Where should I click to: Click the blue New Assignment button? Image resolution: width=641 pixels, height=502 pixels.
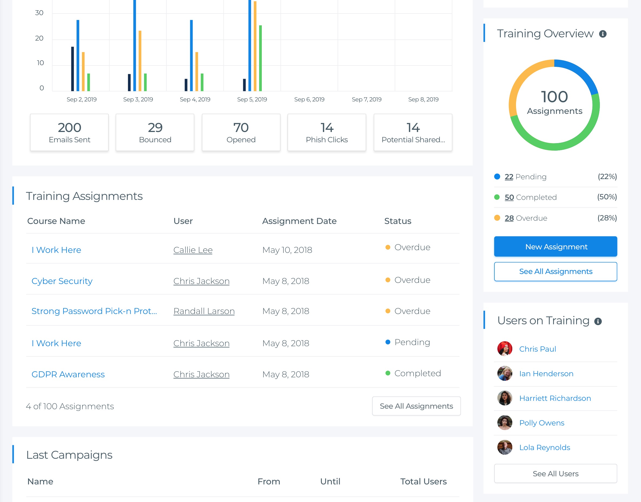coord(555,247)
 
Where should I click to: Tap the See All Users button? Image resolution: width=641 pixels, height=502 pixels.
coord(555,474)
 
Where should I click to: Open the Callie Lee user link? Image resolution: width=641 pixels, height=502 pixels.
coord(193,250)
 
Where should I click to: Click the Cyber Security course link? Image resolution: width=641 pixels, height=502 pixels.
coord(62,281)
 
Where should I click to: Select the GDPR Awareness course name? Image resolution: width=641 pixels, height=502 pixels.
coord(68,374)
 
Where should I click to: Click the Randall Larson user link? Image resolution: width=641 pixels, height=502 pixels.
coord(204,311)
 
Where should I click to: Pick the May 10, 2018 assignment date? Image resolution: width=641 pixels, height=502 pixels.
coord(287,250)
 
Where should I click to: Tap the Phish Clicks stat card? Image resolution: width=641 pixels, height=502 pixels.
coord(326,132)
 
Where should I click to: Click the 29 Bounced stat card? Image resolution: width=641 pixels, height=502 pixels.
coord(155,132)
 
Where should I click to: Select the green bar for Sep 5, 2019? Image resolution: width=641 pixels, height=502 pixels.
coord(260,58)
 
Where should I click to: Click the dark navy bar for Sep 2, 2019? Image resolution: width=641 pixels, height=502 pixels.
coord(72,69)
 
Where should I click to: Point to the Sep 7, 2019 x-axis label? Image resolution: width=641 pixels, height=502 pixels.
coord(366,99)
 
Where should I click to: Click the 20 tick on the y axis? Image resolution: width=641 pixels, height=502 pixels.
coord(39,38)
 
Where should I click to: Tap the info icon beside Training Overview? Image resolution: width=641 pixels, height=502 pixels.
coord(603,34)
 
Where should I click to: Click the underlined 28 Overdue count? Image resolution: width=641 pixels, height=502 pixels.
coord(509,218)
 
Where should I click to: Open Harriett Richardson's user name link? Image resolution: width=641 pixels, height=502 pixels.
coord(555,398)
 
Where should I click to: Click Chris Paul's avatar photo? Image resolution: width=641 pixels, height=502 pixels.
coord(505,349)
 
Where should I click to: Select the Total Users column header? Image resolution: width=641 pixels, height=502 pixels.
coord(423,481)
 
